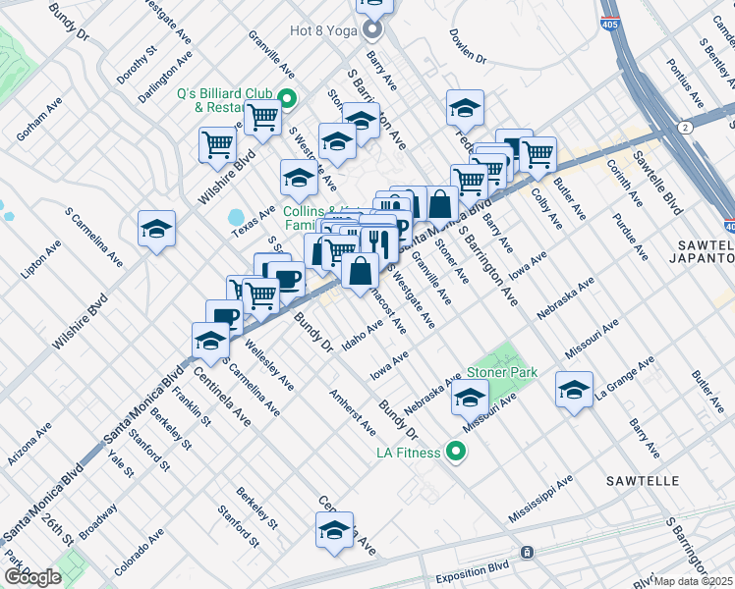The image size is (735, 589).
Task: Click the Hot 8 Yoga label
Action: point(324,29)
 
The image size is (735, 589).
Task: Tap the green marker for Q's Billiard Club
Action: point(287,98)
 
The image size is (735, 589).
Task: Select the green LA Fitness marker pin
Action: point(455,453)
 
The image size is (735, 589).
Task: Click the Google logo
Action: point(31,577)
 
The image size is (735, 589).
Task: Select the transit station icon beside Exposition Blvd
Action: point(528,553)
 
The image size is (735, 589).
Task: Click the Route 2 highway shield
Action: point(685,127)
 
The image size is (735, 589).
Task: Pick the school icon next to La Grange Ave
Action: point(574,391)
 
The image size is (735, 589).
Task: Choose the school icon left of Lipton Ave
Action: point(156,230)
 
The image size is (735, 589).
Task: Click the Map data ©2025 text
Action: point(694,581)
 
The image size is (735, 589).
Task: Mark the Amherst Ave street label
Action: point(353,412)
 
